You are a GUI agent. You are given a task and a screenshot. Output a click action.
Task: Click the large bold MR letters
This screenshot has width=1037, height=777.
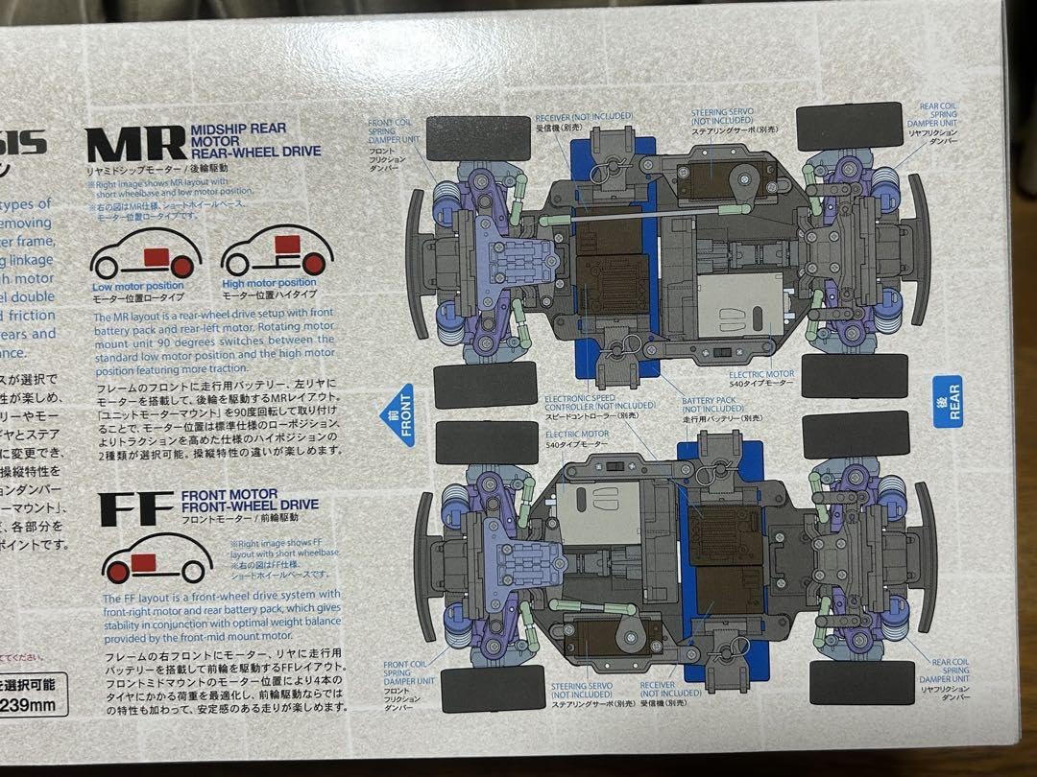tap(135, 144)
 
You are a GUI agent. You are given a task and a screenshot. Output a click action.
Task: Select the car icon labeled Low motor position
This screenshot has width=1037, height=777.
tap(145, 254)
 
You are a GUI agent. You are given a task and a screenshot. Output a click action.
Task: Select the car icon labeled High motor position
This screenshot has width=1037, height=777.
tap(277, 251)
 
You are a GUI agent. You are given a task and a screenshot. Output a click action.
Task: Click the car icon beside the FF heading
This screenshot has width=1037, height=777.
tap(157, 560)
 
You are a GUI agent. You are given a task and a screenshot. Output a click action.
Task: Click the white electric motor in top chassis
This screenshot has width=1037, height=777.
tap(740, 304)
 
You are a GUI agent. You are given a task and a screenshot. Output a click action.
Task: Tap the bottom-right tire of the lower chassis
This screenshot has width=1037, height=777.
tap(859, 682)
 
